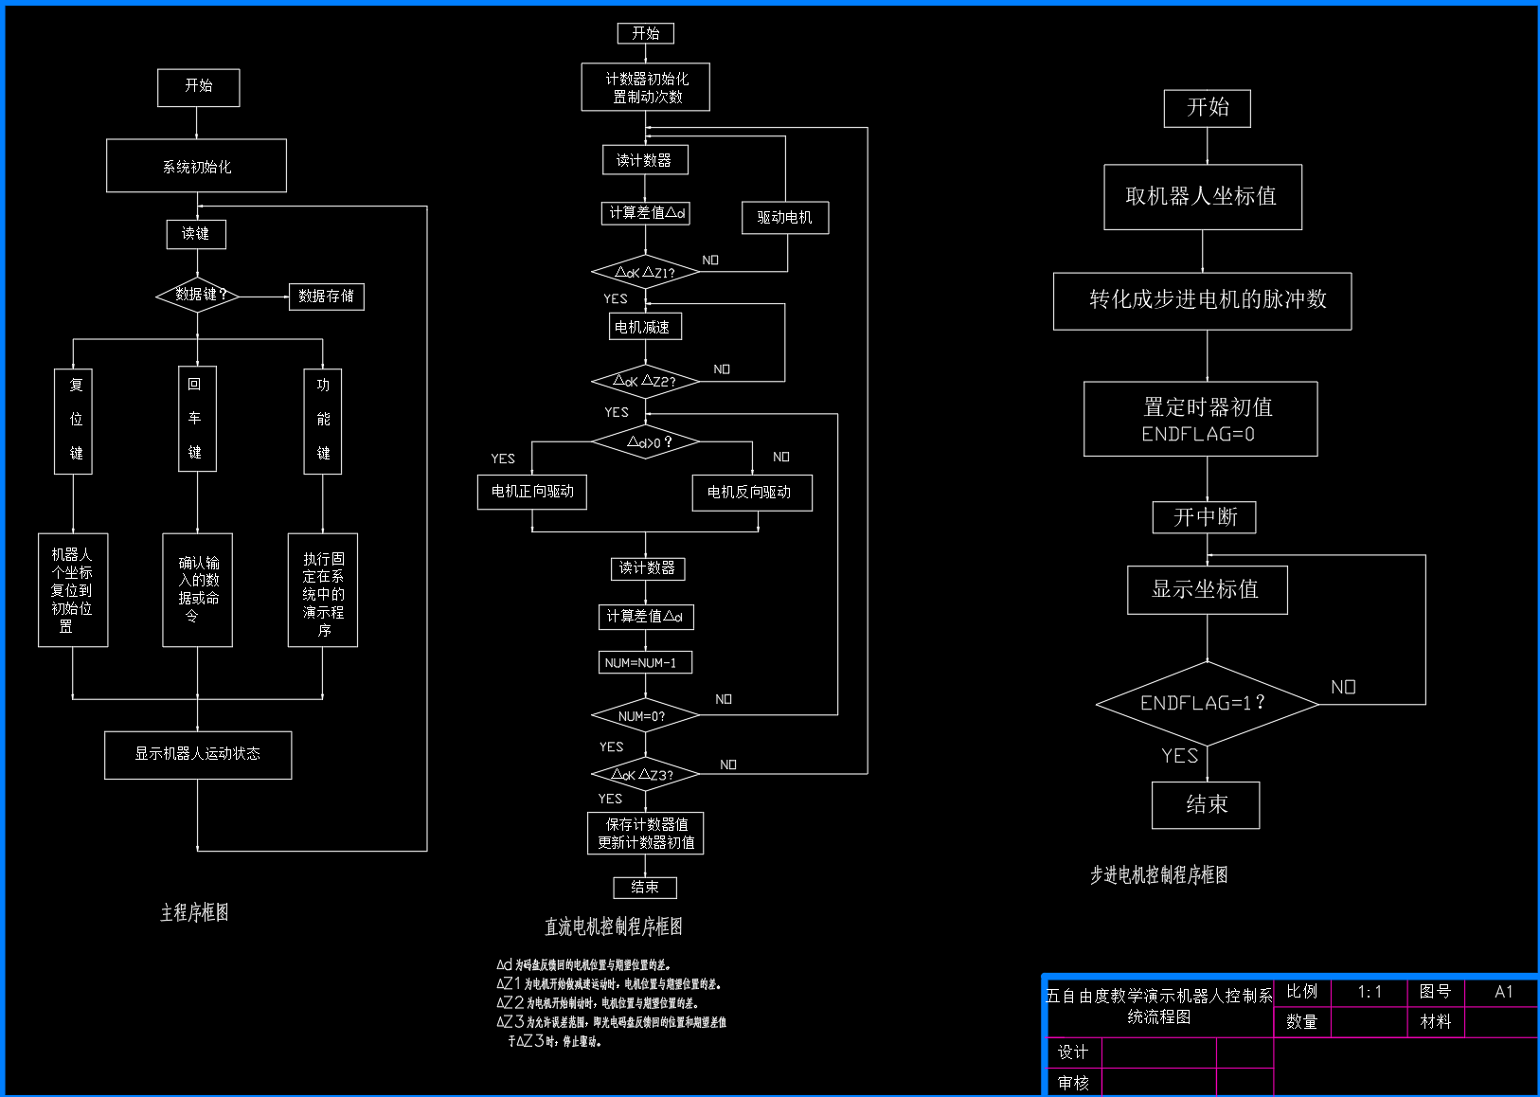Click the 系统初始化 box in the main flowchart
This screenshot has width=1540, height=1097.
tap(196, 166)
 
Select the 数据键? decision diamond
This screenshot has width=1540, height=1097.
tap(197, 296)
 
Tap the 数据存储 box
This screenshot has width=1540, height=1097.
tap(326, 297)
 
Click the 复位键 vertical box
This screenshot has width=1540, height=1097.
tap(74, 421)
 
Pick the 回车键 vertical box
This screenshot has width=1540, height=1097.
tap(197, 419)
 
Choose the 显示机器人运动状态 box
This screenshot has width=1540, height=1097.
tap(197, 754)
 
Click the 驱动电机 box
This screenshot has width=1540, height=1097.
tap(784, 218)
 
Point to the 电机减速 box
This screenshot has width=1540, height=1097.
tap(644, 327)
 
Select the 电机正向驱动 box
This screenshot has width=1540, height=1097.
tap(532, 492)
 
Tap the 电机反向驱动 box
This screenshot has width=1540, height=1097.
tap(752, 493)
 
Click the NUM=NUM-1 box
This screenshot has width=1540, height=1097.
tap(644, 662)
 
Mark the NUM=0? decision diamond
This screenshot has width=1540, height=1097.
tap(644, 716)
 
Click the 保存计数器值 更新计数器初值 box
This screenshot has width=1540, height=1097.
tap(645, 834)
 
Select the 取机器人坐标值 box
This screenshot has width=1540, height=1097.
tap(1202, 197)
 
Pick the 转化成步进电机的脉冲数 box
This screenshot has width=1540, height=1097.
tap(1202, 301)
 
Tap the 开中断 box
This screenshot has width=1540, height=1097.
tap(1204, 517)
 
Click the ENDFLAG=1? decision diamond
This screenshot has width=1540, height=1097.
tap(1207, 704)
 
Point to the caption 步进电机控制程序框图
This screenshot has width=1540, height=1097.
tap(1158, 875)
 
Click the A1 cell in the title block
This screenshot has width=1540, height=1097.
tap(1502, 992)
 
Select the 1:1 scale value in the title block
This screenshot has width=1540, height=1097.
tap(1369, 992)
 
